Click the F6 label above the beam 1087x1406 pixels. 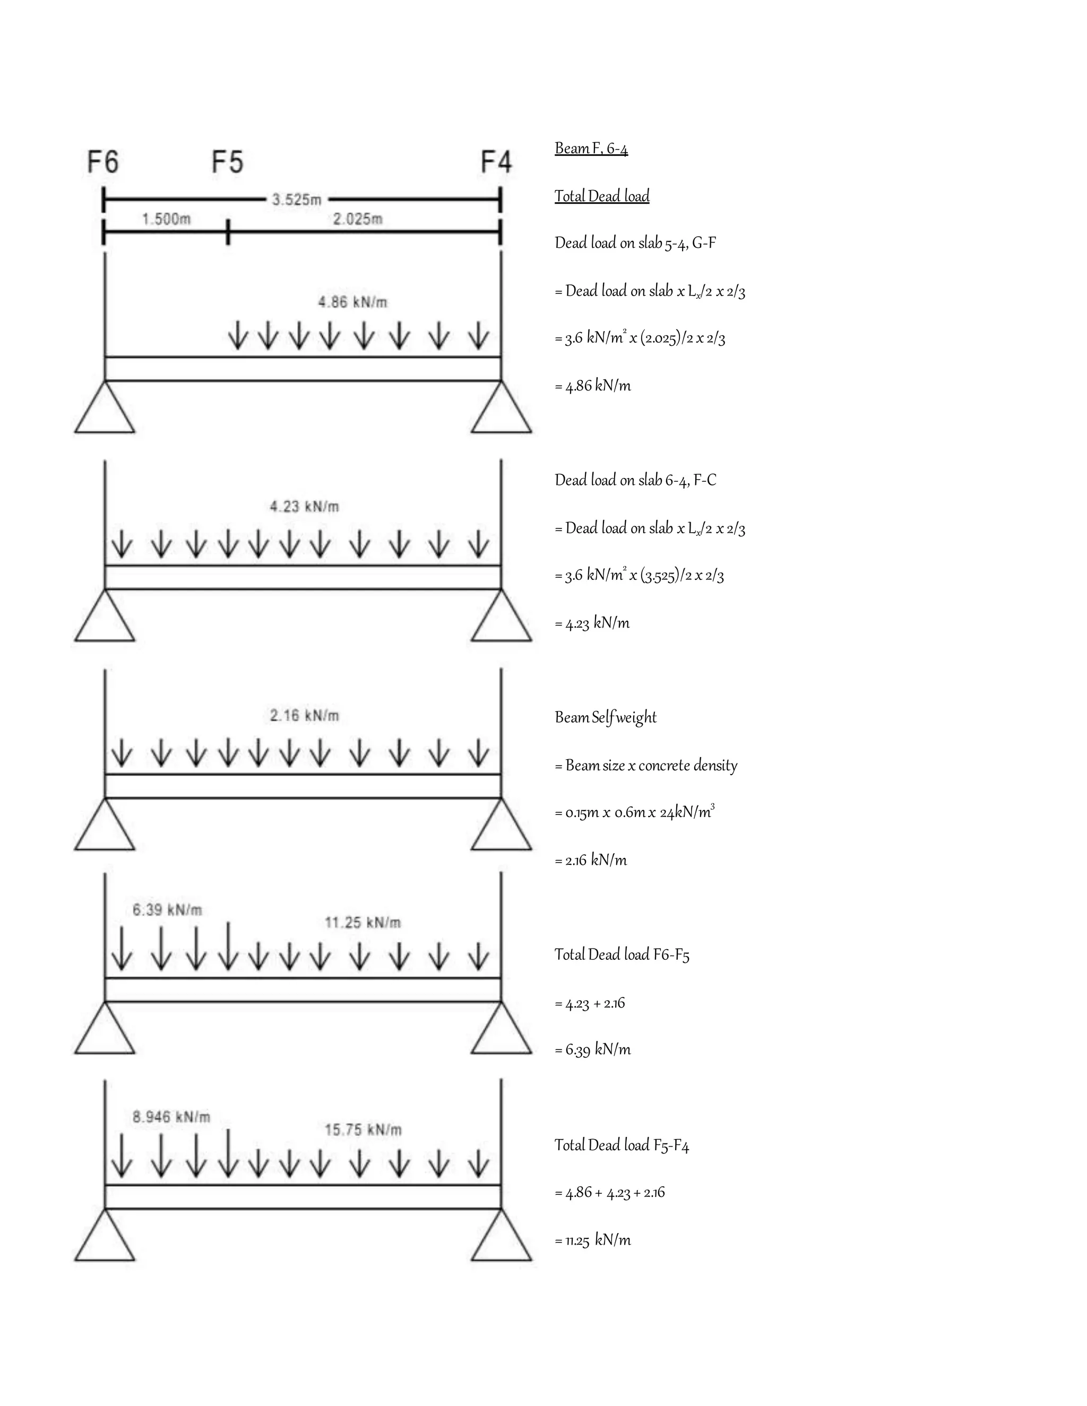[x=103, y=162]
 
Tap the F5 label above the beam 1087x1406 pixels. [x=227, y=162]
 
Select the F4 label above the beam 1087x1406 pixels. [x=496, y=162]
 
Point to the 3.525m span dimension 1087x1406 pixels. [x=296, y=199]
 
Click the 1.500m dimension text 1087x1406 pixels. [x=166, y=220]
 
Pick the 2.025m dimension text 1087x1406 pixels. [x=357, y=220]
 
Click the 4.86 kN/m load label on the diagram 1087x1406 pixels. [x=353, y=302]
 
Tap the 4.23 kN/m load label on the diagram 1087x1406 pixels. [x=304, y=507]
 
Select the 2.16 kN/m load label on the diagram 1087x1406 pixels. [x=304, y=715]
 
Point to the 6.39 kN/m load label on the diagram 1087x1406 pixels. [x=167, y=909]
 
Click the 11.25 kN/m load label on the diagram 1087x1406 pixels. [x=363, y=923]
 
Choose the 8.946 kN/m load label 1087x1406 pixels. [x=171, y=1117]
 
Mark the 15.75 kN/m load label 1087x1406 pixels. [x=363, y=1130]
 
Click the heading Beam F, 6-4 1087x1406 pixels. [x=591, y=149]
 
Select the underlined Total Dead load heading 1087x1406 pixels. [x=602, y=196]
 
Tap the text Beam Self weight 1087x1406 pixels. [x=605, y=718]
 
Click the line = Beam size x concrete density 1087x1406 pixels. [x=646, y=766]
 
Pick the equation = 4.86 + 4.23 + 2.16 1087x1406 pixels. [x=609, y=1193]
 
